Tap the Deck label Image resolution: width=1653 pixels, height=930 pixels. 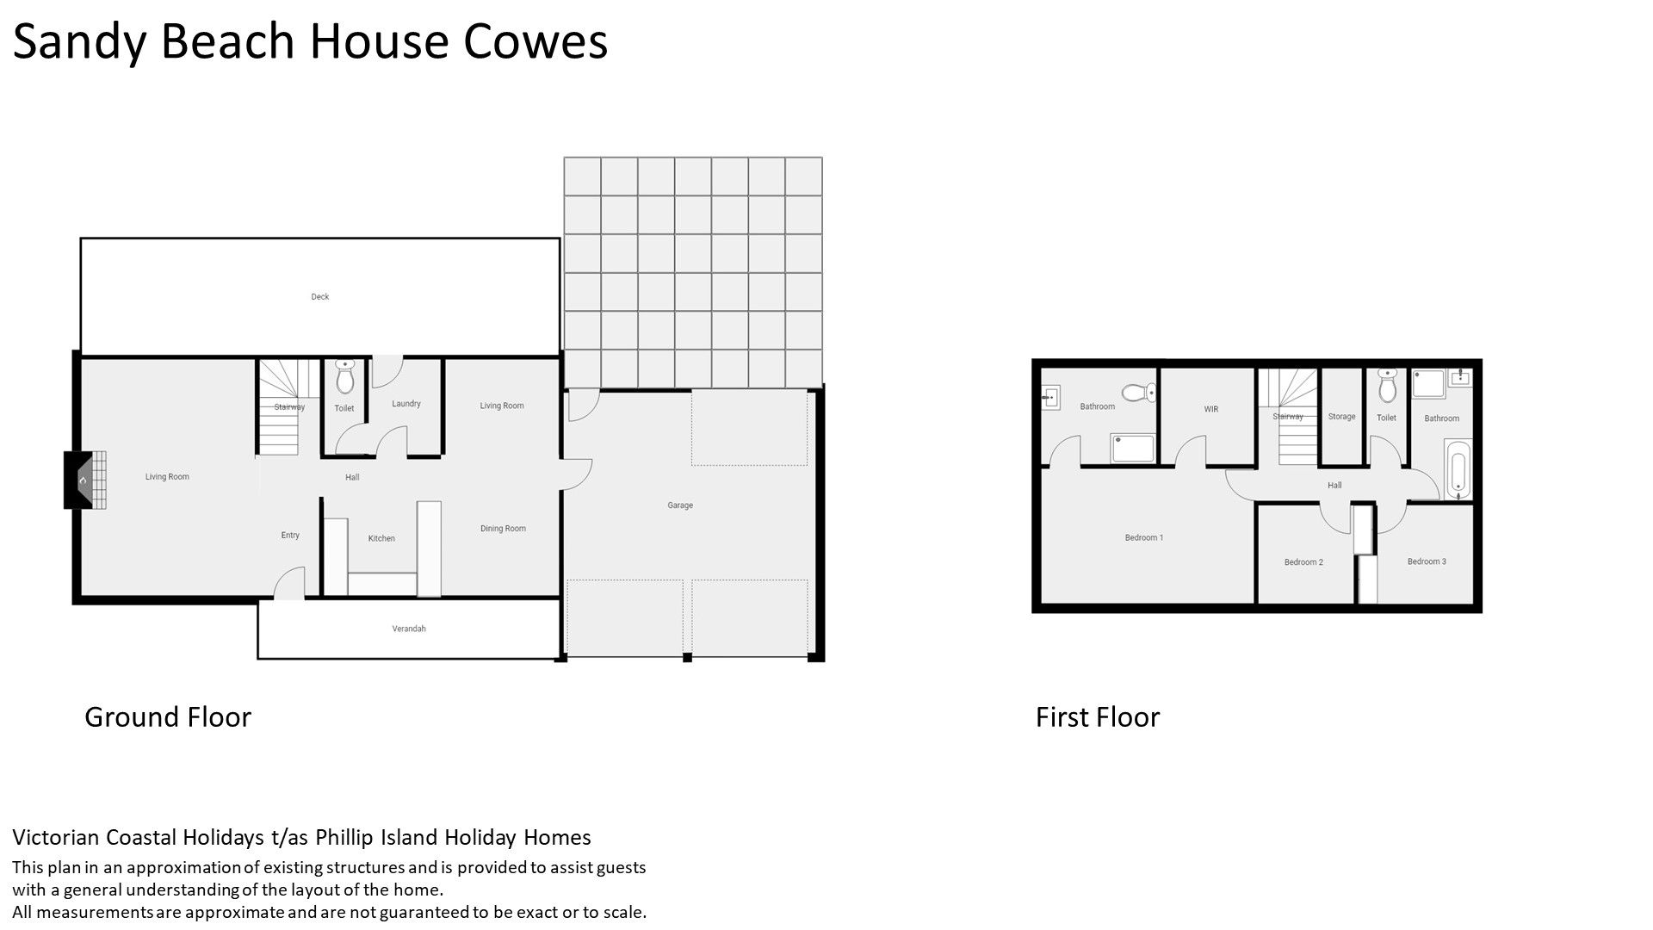(x=320, y=297)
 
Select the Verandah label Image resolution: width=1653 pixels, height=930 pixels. (x=409, y=629)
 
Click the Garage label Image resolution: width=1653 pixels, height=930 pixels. (x=680, y=505)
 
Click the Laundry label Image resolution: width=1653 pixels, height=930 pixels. (x=406, y=404)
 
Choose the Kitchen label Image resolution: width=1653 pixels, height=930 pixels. (x=381, y=538)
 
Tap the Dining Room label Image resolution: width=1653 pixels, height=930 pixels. (x=503, y=529)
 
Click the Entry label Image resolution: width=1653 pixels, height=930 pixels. (x=290, y=536)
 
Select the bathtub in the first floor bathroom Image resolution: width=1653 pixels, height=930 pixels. (x=1458, y=469)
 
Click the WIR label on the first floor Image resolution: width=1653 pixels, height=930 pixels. (x=1211, y=409)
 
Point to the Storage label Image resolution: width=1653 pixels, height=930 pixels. (x=1341, y=417)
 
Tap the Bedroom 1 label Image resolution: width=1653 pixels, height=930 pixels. (x=1144, y=538)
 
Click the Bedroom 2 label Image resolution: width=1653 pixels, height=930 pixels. (x=1303, y=562)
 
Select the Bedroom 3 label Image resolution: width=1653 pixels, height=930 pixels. (x=1427, y=561)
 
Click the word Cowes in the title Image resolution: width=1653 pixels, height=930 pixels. (x=536, y=41)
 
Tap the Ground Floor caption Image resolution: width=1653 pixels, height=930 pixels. (x=168, y=717)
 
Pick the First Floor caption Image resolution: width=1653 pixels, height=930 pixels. (x=1098, y=717)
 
